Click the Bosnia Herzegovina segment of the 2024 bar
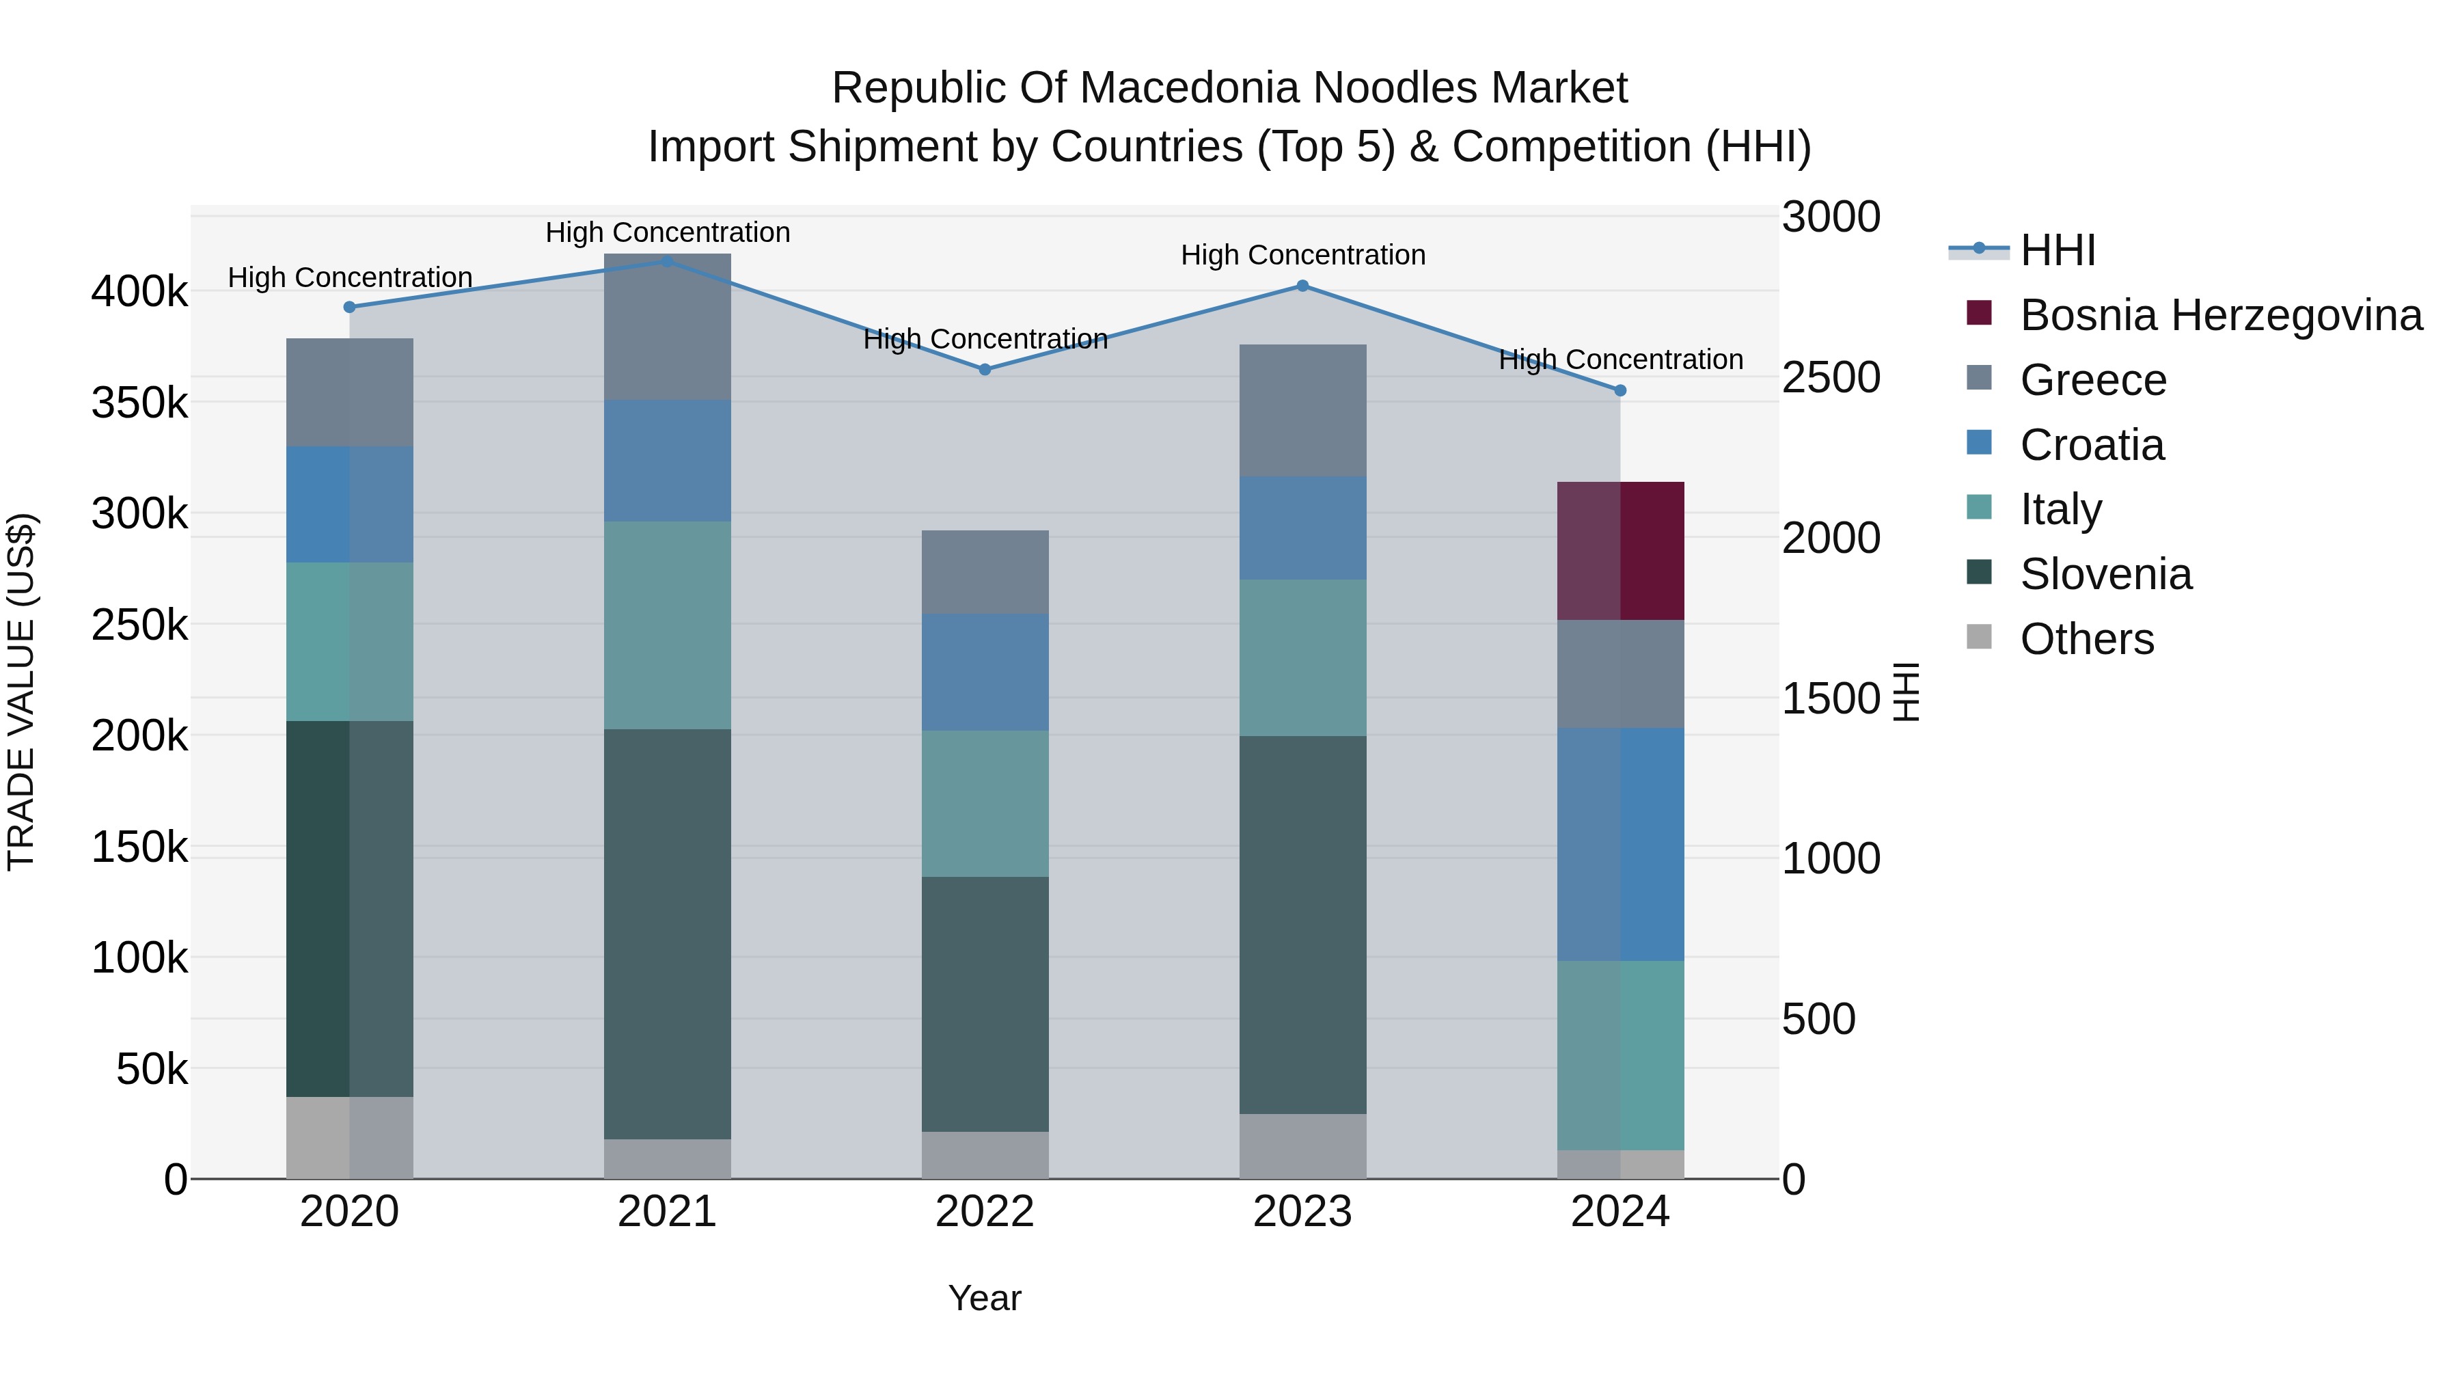click(1621, 551)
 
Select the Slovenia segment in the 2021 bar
click(668, 934)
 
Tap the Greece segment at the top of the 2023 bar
click(1302, 411)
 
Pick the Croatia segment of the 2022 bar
click(985, 673)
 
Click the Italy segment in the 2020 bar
click(349, 642)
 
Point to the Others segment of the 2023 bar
click(1302, 1146)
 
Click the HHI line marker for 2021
click(668, 262)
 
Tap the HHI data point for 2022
click(985, 370)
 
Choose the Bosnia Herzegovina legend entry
click(2220, 315)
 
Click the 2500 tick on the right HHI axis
click(1831, 378)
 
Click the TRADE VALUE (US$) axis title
click(21, 692)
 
